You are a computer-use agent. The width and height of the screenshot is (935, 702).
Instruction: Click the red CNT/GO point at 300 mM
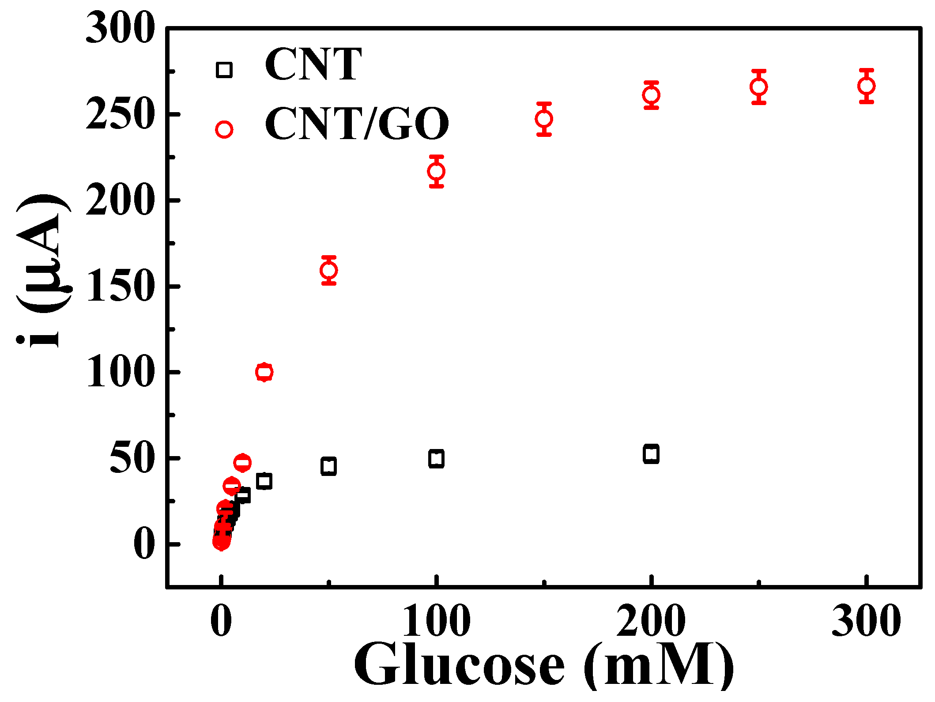click(x=867, y=86)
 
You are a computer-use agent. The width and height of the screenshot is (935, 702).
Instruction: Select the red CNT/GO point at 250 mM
click(x=758, y=87)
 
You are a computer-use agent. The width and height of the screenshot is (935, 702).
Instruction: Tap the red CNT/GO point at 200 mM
click(x=651, y=95)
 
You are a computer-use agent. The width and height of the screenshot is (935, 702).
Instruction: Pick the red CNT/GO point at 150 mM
click(x=544, y=119)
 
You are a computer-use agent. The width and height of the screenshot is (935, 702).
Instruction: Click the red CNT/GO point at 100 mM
click(x=436, y=171)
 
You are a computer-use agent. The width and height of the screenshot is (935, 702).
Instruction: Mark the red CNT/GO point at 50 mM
click(x=329, y=270)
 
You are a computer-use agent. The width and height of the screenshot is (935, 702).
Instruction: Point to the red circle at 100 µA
click(x=264, y=372)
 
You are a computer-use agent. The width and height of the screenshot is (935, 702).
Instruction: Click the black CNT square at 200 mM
click(x=651, y=454)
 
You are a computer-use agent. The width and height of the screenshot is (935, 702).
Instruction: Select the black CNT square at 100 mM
click(x=436, y=459)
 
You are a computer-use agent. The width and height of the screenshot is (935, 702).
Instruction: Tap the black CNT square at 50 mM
click(x=329, y=466)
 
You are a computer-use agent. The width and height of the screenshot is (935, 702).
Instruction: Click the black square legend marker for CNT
click(x=224, y=70)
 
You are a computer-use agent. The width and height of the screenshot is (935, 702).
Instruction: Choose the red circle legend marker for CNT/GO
click(x=224, y=129)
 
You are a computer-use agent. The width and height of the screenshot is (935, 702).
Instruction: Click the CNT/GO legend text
click(x=357, y=124)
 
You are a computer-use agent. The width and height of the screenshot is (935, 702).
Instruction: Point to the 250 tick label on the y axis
click(x=120, y=114)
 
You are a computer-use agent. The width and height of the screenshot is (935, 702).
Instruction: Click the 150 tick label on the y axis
click(x=120, y=287)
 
